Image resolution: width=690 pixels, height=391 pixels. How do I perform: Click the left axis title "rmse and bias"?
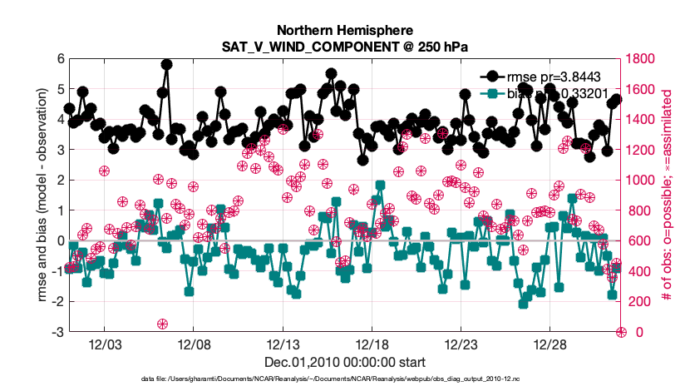(x=42, y=195)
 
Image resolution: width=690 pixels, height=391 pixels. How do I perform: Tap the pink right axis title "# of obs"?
(x=668, y=195)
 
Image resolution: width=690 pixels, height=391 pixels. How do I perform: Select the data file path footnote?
(x=344, y=379)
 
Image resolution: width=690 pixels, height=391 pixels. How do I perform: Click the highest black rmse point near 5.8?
(x=166, y=64)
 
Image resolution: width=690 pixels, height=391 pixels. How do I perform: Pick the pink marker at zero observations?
(x=620, y=332)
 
